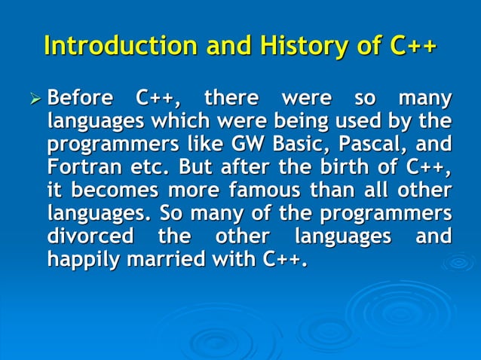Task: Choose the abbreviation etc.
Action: (x=147, y=167)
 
